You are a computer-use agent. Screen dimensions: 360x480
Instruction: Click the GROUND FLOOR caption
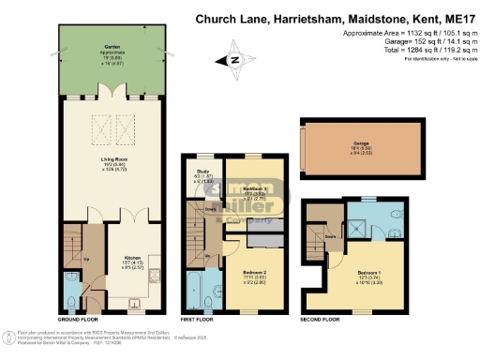tap(78, 320)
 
